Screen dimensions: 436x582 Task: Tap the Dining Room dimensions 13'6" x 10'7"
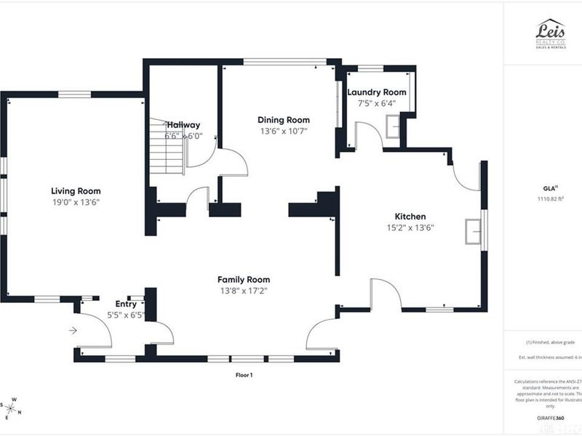tap(284, 132)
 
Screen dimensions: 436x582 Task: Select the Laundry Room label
tap(376, 92)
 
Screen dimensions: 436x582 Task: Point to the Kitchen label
tap(410, 217)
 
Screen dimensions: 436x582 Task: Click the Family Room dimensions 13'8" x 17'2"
tap(244, 291)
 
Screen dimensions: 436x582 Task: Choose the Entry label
tap(126, 304)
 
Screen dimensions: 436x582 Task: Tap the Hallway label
tap(183, 125)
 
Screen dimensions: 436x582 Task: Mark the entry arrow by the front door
tap(73, 331)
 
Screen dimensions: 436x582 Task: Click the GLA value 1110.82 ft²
tap(551, 198)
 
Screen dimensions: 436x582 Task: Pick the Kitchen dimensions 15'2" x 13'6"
tap(410, 227)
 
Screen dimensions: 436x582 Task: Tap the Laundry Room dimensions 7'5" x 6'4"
tap(376, 103)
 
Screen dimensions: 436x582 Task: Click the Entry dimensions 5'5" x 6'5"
tap(126, 315)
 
